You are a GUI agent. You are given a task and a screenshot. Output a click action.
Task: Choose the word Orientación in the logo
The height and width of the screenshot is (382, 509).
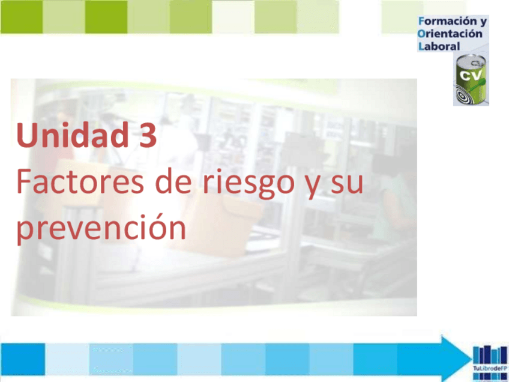coord(450,34)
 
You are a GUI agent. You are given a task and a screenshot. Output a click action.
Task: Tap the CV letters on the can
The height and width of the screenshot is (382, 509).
coord(469,75)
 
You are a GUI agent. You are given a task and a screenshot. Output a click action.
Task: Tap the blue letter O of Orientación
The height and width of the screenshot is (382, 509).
coord(421,34)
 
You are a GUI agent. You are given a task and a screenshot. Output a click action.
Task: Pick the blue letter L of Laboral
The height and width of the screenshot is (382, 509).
coord(421,46)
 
